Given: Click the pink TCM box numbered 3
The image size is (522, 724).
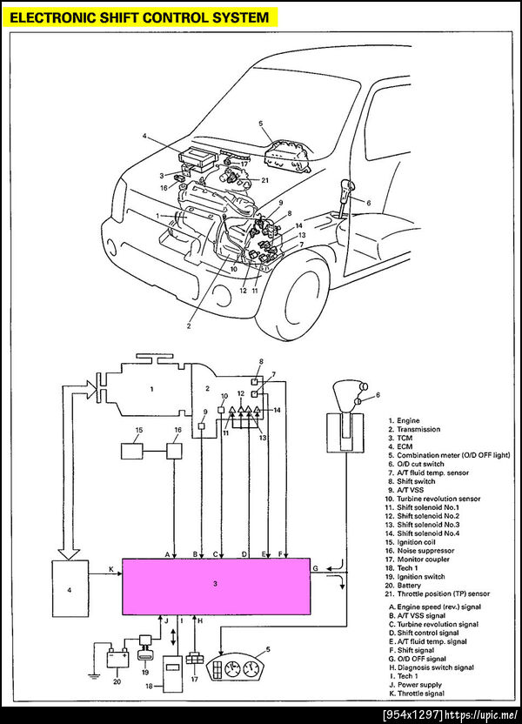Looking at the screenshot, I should click(215, 585).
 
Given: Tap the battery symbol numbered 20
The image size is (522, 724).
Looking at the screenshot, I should click(117, 658).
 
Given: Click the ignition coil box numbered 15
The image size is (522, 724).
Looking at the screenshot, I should click(134, 452).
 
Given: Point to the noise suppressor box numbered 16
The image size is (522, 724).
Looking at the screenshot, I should click(176, 452).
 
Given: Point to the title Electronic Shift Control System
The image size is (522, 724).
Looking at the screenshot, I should click(139, 17).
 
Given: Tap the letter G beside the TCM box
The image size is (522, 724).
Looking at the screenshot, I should click(316, 569).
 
